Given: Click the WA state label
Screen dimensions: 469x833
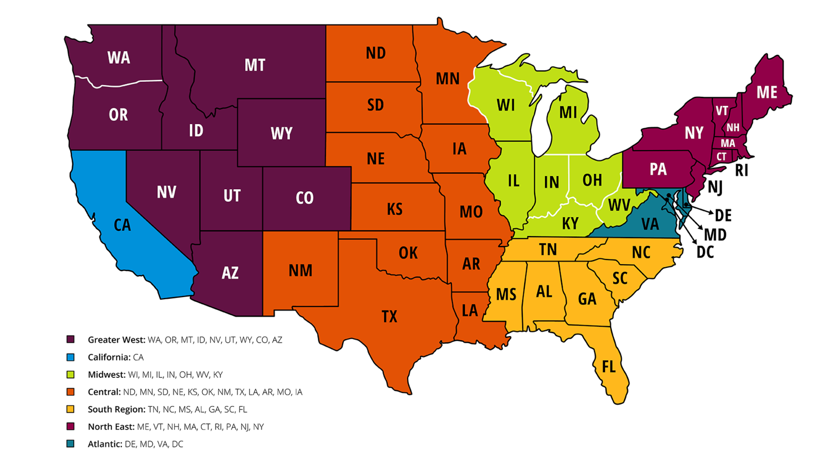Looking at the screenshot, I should click(119, 58).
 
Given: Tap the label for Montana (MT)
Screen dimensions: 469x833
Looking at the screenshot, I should click(255, 65).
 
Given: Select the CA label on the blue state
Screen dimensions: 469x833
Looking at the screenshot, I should click(122, 225).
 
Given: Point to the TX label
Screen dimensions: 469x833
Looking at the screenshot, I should click(389, 316).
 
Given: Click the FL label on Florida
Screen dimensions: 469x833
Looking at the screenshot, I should click(609, 367).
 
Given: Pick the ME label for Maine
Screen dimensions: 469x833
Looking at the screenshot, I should click(767, 93).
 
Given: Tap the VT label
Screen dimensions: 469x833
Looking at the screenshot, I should click(722, 110).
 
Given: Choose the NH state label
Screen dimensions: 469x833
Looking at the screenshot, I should click(733, 128).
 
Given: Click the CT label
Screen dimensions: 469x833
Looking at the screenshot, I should click(722, 156).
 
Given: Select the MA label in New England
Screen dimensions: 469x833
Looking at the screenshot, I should click(728, 143).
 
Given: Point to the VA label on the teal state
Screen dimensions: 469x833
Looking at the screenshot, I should click(650, 224).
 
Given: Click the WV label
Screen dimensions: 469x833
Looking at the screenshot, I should click(619, 205).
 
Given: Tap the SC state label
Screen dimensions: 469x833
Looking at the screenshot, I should click(620, 278).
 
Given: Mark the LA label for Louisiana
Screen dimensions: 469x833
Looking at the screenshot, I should click(470, 311).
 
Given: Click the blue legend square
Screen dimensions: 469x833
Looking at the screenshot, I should click(70, 357).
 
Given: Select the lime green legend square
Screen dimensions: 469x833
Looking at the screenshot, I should click(70, 375).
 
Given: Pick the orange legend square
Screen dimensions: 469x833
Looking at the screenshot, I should click(70, 392).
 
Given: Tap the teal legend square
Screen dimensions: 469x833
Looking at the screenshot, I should click(70, 443).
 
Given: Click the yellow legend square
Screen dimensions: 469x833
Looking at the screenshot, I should click(70, 409).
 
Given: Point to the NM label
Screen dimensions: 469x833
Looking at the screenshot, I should click(300, 270).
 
